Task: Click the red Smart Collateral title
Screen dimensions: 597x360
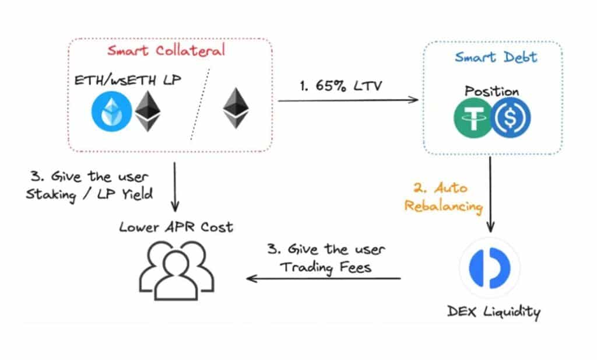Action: (166, 51)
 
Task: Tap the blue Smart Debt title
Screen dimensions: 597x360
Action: (496, 57)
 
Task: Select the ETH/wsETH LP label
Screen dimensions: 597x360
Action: (128, 80)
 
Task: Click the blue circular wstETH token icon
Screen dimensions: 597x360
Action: (111, 111)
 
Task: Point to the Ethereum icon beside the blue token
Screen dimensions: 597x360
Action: (148, 111)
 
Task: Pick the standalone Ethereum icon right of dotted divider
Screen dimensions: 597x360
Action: (236, 108)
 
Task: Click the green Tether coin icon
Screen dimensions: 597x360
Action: (473, 118)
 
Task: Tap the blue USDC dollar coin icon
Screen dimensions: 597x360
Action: (511, 117)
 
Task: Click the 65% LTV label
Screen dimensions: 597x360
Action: (340, 86)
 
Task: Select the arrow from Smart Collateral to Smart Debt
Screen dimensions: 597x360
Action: (348, 100)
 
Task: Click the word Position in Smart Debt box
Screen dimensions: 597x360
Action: (492, 92)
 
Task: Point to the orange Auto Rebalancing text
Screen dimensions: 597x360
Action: (443, 197)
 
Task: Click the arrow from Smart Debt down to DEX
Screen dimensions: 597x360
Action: (490, 194)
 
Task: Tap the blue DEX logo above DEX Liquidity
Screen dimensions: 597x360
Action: (490, 268)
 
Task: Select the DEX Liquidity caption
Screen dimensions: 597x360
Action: (494, 312)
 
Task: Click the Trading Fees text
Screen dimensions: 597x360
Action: (325, 267)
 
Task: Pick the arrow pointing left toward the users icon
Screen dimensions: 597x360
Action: (324, 278)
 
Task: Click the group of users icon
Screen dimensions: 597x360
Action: (177, 271)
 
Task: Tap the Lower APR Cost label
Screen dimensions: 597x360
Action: (176, 228)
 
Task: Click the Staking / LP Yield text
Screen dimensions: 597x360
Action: (89, 194)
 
